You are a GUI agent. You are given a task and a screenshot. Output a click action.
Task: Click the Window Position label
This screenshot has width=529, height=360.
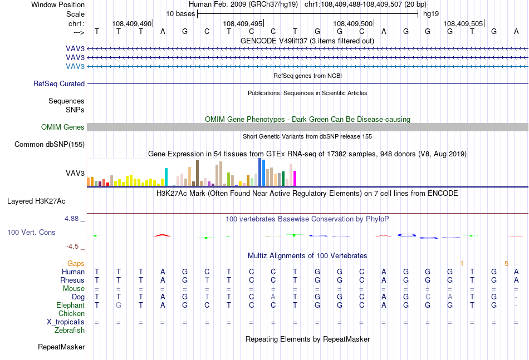(x=58, y=4)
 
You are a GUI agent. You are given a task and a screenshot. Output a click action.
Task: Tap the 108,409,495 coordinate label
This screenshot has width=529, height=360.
(x=242, y=23)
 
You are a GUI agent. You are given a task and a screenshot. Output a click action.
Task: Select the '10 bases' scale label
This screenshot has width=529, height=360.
(x=180, y=14)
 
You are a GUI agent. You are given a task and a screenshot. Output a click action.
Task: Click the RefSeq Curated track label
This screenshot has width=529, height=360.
(x=59, y=83)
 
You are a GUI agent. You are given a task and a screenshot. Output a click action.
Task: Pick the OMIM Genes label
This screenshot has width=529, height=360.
(x=63, y=127)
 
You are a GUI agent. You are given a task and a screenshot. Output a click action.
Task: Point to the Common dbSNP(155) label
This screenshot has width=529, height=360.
(x=50, y=144)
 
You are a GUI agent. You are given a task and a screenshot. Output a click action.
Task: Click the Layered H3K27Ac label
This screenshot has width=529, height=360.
(x=36, y=201)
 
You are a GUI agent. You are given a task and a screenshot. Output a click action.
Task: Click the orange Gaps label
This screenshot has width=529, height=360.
(x=76, y=263)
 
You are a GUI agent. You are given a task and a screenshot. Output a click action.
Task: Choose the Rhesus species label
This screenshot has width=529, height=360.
(x=72, y=280)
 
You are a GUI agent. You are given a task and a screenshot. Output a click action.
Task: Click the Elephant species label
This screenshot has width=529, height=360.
(x=71, y=305)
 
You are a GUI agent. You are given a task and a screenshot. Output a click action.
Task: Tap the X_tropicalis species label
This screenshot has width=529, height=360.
(x=66, y=322)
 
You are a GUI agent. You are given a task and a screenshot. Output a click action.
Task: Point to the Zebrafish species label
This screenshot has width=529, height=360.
(x=70, y=331)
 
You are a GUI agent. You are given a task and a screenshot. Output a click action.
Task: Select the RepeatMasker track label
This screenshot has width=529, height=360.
(x=61, y=347)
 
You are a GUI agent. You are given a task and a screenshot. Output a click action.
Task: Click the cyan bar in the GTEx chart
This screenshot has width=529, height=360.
(x=166, y=177)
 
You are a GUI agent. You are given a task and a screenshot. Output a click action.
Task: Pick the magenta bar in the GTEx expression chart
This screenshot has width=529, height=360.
(x=295, y=178)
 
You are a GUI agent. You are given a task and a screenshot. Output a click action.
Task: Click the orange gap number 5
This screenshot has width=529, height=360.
(x=506, y=264)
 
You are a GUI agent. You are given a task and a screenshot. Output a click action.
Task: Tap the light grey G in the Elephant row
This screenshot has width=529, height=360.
(x=119, y=305)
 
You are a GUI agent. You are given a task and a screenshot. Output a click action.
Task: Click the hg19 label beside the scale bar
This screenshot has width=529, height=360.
(x=431, y=14)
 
